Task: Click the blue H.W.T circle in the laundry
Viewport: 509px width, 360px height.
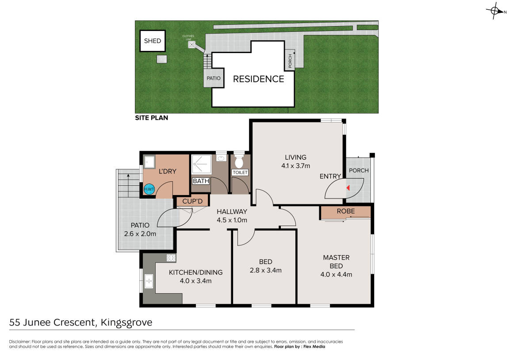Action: point(149,189)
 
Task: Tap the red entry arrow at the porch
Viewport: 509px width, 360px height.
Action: point(348,188)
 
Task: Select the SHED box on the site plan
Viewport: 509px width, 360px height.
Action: point(153,41)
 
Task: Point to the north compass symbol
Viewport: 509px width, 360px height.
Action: point(495,11)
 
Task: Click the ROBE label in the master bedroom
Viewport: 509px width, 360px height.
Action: point(346,211)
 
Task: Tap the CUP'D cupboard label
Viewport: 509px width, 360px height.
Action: point(192,201)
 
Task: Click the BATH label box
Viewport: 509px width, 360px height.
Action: point(201,181)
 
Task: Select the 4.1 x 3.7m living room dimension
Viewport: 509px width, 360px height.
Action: point(296,166)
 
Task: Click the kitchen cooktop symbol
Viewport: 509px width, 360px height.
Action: point(171,258)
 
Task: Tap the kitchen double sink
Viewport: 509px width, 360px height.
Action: point(149,281)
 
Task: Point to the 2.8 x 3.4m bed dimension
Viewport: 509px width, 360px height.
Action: point(265,270)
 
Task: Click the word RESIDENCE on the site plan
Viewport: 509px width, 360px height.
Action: point(258,79)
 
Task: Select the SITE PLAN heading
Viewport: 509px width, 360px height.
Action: point(152,118)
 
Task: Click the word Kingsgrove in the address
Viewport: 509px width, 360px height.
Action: point(126,322)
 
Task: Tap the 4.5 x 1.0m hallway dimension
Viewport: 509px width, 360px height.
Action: point(232,220)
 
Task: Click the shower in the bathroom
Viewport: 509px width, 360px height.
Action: point(202,165)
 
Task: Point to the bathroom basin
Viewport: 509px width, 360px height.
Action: point(222,158)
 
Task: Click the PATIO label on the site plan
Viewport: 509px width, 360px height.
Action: point(214,78)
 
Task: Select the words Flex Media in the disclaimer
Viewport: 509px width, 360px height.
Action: point(314,347)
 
